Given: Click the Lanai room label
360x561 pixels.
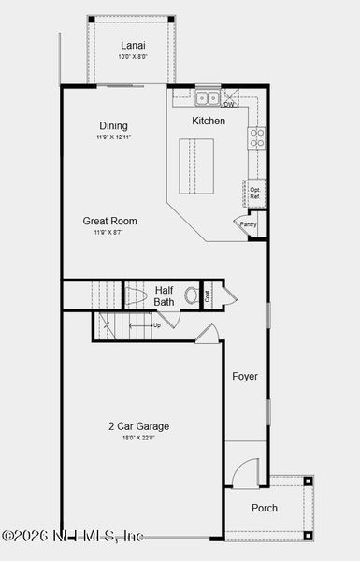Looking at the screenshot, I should point(131,45).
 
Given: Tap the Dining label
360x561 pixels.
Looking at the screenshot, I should point(114,126).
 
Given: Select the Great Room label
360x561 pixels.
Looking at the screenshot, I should point(109,222).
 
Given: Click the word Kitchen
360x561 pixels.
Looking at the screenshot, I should point(209,122).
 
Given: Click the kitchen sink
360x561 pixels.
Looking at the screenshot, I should point(208,96).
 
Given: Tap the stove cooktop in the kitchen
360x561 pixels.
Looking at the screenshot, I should point(256,138).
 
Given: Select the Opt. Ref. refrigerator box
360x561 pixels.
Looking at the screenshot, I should point(254,192).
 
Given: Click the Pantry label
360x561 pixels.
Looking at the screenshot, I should point(248,224).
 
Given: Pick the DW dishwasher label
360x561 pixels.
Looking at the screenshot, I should point(229,104).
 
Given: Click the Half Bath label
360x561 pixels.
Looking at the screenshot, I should point(165,295).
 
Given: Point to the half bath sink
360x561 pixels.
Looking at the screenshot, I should point(192,295).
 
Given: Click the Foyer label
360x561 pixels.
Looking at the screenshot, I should point(245,377).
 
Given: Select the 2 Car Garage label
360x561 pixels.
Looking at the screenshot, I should point(138,426).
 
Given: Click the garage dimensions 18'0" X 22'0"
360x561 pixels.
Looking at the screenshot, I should point(138,438).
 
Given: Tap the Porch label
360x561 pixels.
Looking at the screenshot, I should point(265,508).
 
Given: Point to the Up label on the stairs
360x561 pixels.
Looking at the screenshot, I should point(156,325).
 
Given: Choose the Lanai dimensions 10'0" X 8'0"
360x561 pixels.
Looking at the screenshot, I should point(131,57).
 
